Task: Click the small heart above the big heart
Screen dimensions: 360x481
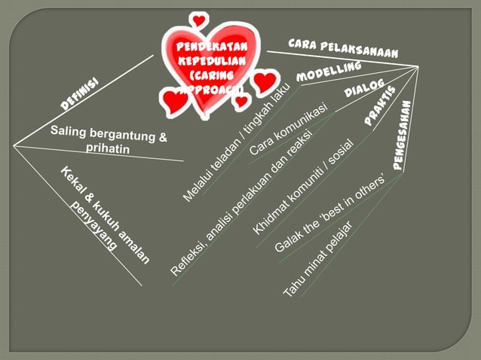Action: tap(199, 20)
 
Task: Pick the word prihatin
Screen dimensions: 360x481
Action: tap(108, 149)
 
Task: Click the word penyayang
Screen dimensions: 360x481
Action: tap(96, 228)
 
